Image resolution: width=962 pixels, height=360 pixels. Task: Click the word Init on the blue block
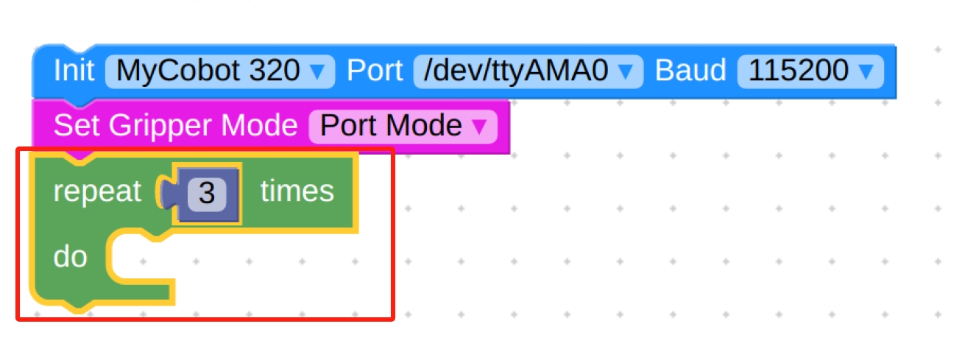click(x=74, y=71)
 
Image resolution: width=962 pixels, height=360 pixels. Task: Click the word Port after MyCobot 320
click(x=374, y=71)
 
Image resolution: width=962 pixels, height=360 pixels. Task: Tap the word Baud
click(x=690, y=71)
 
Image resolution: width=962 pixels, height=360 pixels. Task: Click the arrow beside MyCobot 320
click(x=317, y=72)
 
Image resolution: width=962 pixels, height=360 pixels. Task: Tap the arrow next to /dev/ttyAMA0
click(x=626, y=72)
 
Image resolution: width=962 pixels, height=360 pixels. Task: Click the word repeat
click(x=96, y=192)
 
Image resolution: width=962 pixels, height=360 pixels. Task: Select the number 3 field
click(x=207, y=194)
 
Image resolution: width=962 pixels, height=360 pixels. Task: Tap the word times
click(x=297, y=192)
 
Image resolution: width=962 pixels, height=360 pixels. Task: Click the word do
click(x=71, y=257)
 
